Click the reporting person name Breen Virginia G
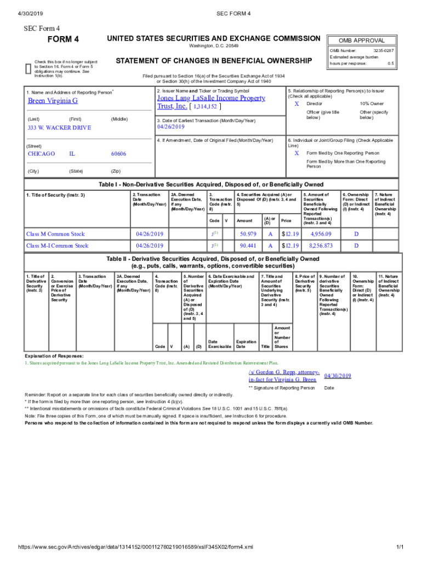[53, 101]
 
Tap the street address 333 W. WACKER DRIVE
[59, 128]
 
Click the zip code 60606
[119, 154]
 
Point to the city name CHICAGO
[41, 154]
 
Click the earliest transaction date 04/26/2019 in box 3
[172, 127]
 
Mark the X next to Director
[296, 104]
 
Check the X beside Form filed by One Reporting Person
[296, 153]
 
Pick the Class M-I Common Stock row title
[57, 246]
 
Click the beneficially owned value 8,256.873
[321, 246]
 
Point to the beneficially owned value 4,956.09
[321, 234]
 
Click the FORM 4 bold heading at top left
[64, 39]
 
